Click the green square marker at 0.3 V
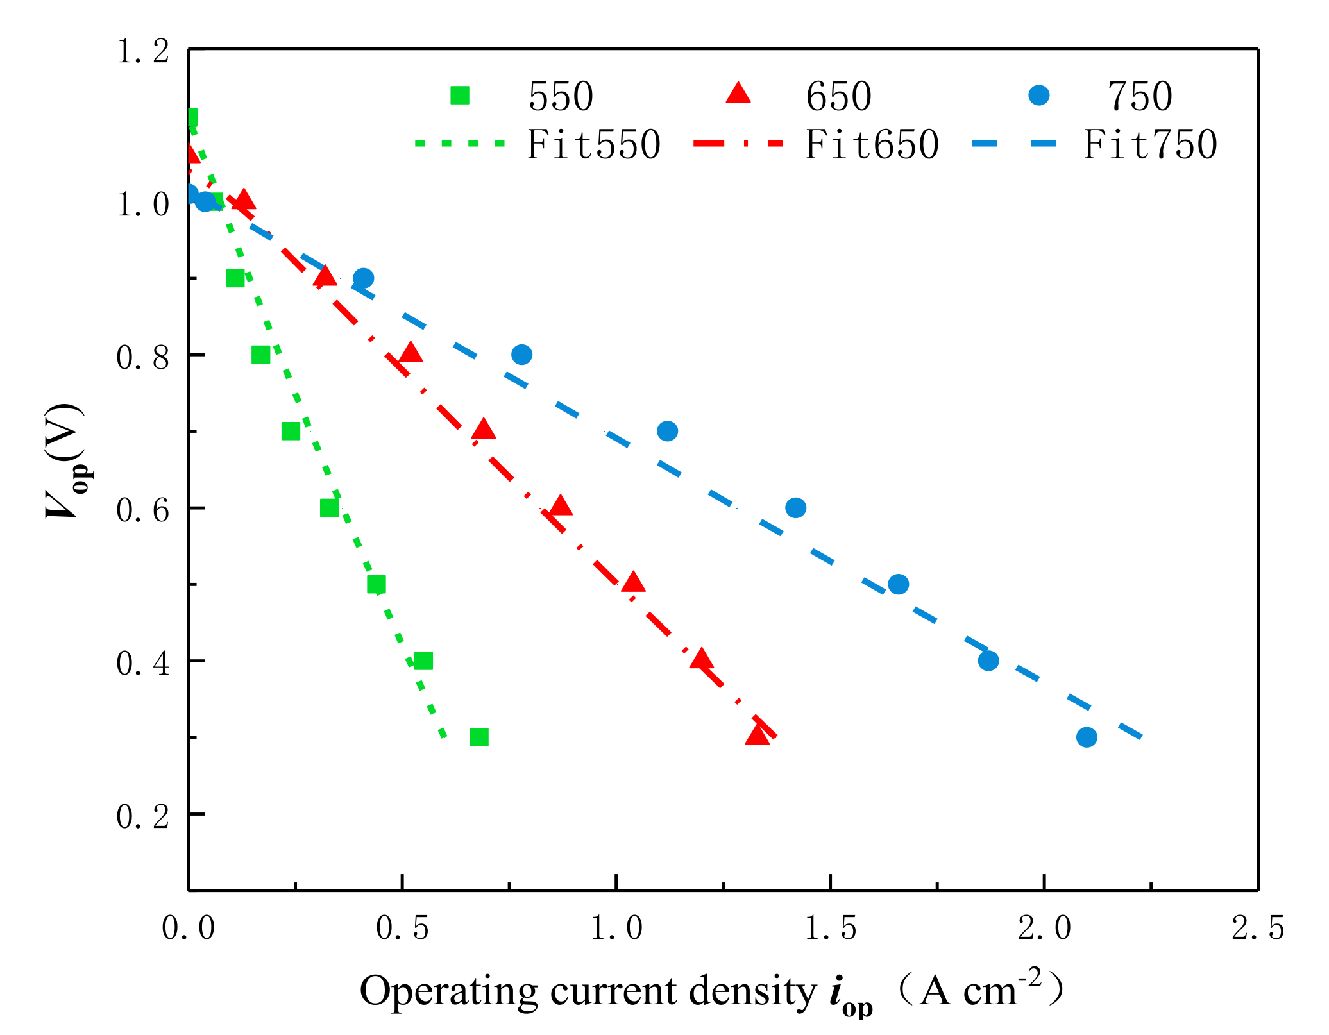[x=478, y=737]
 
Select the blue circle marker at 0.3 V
[x=1086, y=737]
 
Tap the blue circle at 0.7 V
[x=667, y=431]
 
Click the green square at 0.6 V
[x=329, y=508]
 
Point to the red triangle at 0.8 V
[x=411, y=353]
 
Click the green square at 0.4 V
[x=423, y=661]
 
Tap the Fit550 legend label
[x=593, y=144]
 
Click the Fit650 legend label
[x=872, y=144]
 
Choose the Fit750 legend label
[x=1150, y=144]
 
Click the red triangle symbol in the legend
[x=738, y=94]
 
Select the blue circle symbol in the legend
[x=1038, y=96]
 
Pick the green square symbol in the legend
[x=460, y=96]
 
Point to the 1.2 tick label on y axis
[x=142, y=51]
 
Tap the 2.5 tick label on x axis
[x=1257, y=928]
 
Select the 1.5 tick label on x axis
[x=830, y=928]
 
